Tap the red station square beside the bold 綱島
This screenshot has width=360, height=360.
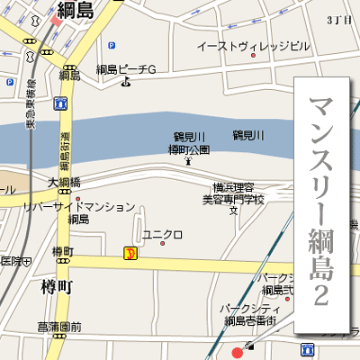click(56, 20)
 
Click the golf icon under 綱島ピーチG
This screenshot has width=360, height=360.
click(125, 84)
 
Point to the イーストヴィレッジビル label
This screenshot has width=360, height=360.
click(253, 44)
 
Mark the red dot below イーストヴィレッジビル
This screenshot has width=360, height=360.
click(253, 56)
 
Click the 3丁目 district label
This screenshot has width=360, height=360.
click(339, 19)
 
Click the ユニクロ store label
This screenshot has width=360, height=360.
click(162, 235)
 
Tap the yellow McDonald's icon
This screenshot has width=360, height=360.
click(130, 254)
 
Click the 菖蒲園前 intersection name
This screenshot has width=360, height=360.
click(60, 327)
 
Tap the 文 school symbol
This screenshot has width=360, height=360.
click(233, 211)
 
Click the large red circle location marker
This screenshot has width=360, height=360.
click(238, 352)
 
